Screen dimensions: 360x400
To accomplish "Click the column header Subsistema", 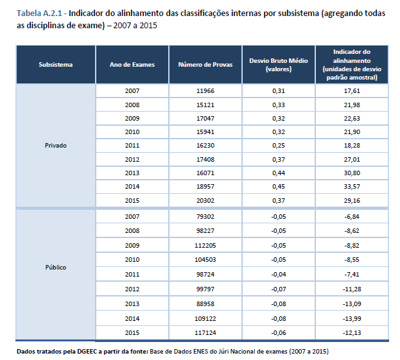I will (55, 64).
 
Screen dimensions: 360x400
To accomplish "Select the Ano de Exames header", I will (132, 64).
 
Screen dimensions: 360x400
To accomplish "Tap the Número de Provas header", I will (205, 64).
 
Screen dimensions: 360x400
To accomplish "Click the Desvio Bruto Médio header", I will (279, 64).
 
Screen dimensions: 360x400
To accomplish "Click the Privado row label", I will (55, 145).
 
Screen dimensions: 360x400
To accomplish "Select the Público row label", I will (55, 267).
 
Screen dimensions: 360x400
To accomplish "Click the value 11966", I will (205, 92).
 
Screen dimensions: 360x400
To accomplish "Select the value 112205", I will (205, 244).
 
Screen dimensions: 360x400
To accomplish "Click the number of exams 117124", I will (205, 332).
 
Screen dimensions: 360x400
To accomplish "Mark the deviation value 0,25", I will (279, 145).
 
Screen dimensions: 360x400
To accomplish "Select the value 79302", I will (205, 217).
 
